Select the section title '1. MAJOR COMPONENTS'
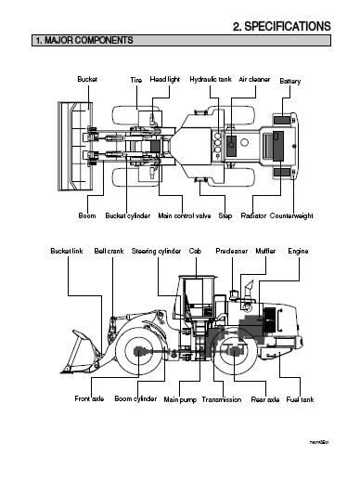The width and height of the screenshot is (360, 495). coord(83,41)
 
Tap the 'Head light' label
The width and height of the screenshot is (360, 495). coord(165,81)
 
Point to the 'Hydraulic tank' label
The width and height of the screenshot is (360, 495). coord(210,81)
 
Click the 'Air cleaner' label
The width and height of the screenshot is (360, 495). coord(254,81)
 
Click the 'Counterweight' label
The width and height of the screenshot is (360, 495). coord(291,215)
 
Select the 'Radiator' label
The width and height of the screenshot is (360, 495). coord(253,215)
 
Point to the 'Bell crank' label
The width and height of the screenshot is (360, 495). coord(109,251)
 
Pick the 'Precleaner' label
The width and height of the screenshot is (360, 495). coord(231,251)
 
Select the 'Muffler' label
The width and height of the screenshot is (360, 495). coord(264,251)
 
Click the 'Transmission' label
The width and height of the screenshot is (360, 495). coord(221,400)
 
